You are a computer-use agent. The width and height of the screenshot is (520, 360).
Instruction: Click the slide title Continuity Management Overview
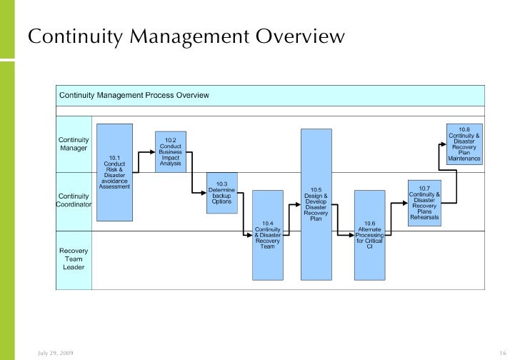(x=186, y=36)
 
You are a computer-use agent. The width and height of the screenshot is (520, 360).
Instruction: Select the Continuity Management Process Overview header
(x=134, y=95)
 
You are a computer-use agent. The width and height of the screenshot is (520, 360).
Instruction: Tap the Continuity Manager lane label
(x=74, y=144)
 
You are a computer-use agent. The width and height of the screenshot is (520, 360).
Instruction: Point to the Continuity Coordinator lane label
(x=74, y=200)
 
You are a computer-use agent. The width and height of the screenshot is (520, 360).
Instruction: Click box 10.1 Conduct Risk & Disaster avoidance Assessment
(x=114, y=171)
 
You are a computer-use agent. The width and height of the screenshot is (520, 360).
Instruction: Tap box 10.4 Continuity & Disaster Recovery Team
(x=268, y=234)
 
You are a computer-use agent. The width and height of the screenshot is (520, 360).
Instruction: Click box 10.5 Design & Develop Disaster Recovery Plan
(x=316, y=204)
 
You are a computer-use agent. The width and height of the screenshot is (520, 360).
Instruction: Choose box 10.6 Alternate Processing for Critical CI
(x=369, y=234)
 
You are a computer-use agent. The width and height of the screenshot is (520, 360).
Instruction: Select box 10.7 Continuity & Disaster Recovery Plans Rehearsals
(x=424, y=203)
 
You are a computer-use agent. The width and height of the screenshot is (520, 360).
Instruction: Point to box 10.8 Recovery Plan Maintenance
(x=464, y=143)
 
